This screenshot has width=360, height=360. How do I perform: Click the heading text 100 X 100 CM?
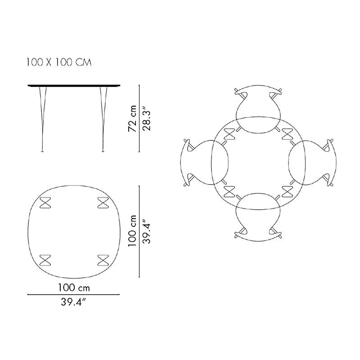click(59, 62)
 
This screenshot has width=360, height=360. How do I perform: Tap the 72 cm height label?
click(132, 119)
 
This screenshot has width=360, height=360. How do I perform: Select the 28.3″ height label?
click(146, 118)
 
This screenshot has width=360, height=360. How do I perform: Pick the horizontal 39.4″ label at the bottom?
click(73, 303)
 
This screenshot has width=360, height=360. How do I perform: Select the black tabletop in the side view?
click(73, 86)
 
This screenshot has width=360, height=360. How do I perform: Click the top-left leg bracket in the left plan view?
click(45, 202)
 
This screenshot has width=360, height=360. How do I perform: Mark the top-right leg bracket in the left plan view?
click(102, 202)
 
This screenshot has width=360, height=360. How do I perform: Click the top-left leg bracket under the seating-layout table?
click(230, 134)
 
